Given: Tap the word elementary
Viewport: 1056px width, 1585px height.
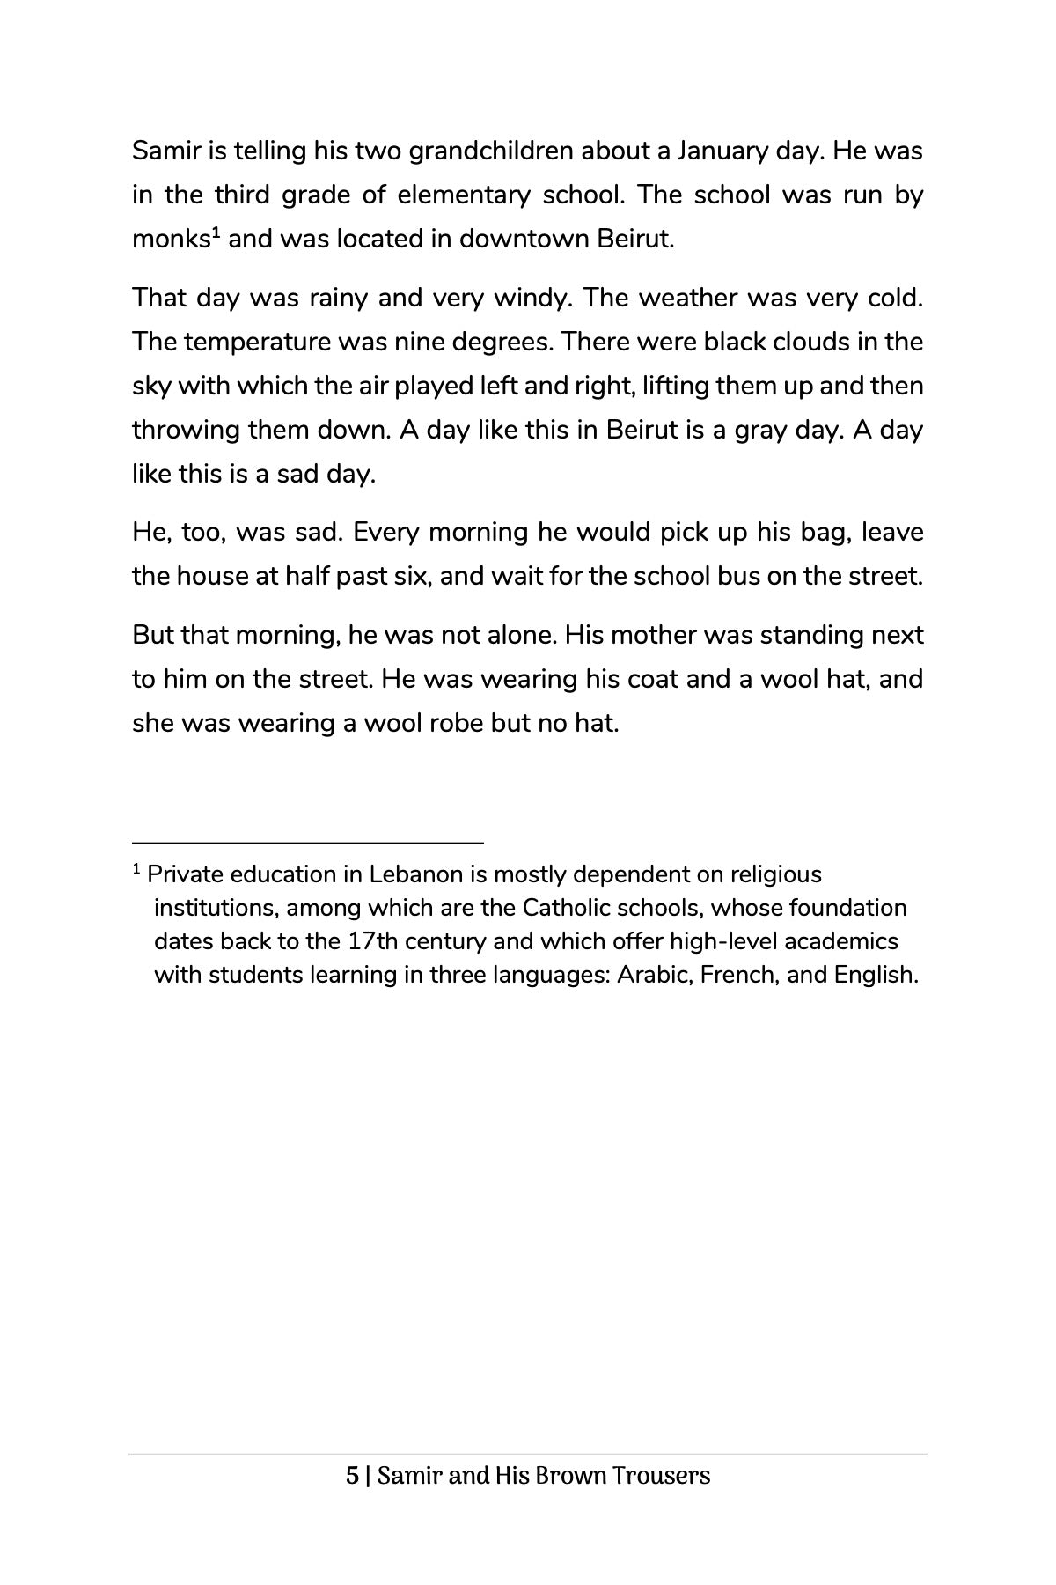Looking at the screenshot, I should [x=464, y=195].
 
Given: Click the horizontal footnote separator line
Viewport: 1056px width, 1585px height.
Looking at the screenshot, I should [x=307, y=844].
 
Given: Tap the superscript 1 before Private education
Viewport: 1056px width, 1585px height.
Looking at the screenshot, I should [x=136, y=870].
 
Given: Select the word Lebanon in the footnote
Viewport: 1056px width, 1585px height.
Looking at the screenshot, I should [x=415, y=875].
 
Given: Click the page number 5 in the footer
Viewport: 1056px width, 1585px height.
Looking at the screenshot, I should [x=352, y=1476].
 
